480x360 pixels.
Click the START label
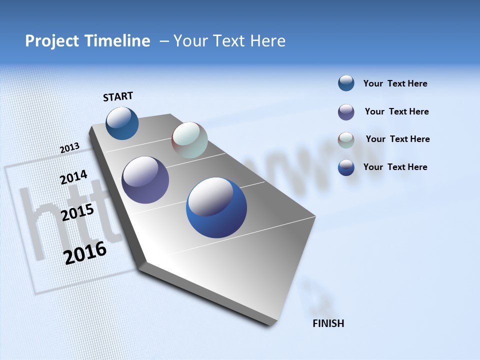[x=118, y=96]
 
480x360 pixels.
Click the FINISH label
[x=328, y=323]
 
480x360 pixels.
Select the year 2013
[x=69, y=148]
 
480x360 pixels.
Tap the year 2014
[x=73, y=177]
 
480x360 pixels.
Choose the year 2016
[x=85, y=253]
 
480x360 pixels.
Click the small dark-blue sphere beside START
[x=122, y=123]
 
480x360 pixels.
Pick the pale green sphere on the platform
[x=189, y=140]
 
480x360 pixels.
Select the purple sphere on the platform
[x=145, y=180]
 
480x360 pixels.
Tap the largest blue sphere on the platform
[x=216, y=207]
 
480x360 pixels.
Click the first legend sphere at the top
[x=346, y=83]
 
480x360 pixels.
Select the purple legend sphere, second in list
[x=346, y=112]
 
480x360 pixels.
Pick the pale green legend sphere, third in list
[x=346, y=140]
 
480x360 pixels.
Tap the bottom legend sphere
[x=346, y=167]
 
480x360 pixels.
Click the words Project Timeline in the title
[x=87, y=41]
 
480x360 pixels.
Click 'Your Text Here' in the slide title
[x=229, y=41]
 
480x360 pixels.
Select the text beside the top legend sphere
[x=395, y=83]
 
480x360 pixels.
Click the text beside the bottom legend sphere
[x=395, y=167]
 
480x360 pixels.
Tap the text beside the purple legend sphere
[x=396, y=111]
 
